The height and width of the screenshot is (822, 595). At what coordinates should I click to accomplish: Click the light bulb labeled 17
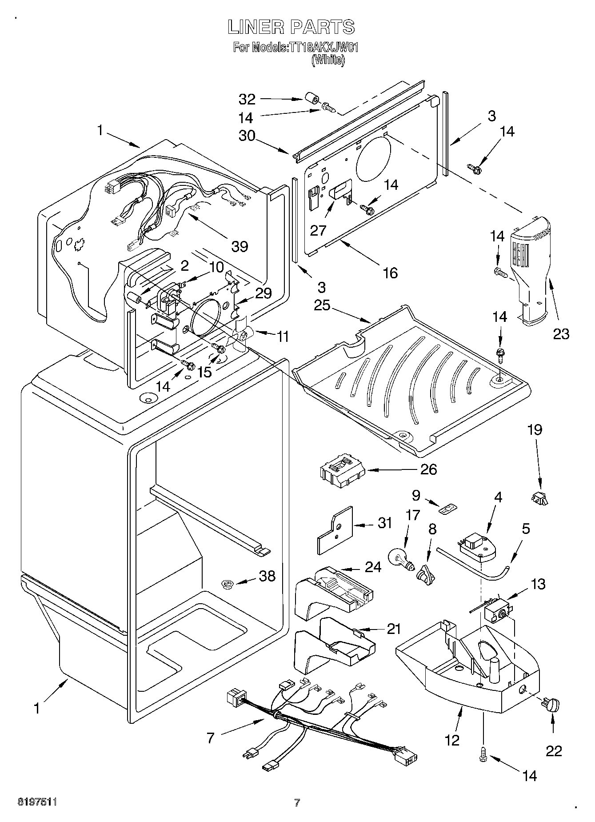(x=402, y=559)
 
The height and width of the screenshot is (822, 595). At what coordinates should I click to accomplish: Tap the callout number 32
(x=247, y=99)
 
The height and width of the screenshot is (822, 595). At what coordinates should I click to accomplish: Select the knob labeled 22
(x=551, y=705)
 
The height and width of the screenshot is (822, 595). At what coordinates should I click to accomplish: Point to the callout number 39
(x=240, y=246)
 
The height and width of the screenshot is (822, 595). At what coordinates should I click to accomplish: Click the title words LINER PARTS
(x=292, y=27)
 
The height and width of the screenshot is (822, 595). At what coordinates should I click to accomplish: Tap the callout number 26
(x=428, y=469)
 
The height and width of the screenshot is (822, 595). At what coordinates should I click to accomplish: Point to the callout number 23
(x=561, y=333)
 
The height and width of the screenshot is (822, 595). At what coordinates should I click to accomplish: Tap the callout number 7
(x=211, y=738)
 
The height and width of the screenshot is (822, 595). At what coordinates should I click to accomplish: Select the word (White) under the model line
(x=327, y=60)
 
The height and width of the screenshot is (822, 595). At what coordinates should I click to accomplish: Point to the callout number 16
(x=390, y=273)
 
